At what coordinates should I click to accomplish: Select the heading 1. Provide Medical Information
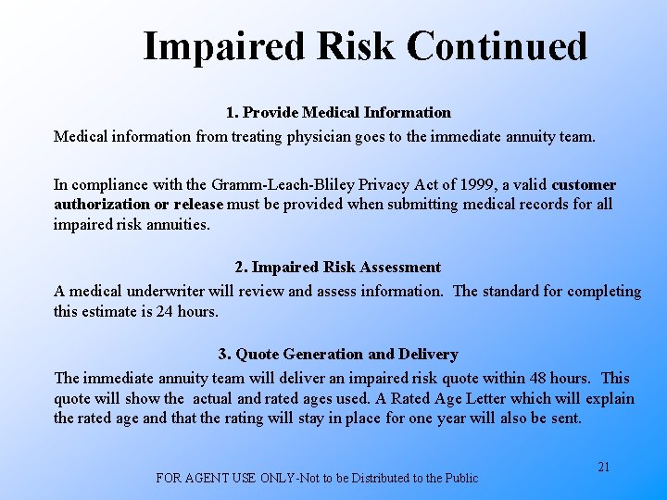pyautogui.click(x=338, y=113)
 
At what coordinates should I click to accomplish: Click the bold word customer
pyautogui.click(x=584, y=185)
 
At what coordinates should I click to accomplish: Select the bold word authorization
pyautogui.click(x=100, y=204)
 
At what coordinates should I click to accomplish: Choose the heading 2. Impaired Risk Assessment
pyautogui.click(x=338, y=268)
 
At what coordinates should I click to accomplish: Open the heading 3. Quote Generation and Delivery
pyautogui.click(x=338, y=355)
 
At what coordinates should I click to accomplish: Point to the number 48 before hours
pyautogui.click(x=539, y=378)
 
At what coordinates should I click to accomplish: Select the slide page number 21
pyautogui.click(x=603, y=467)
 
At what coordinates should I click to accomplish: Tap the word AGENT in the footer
pyautogui.click(x=209, y=478)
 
